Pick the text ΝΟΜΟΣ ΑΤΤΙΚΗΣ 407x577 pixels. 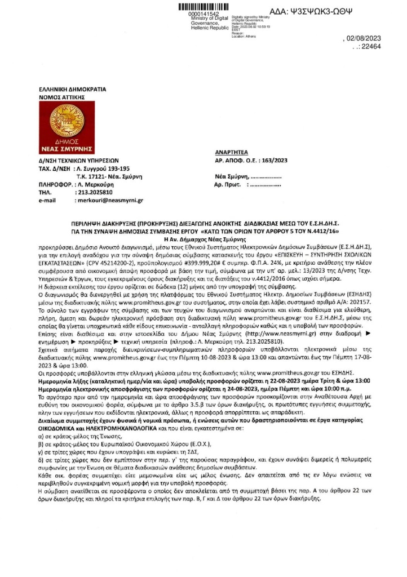(58, 97)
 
